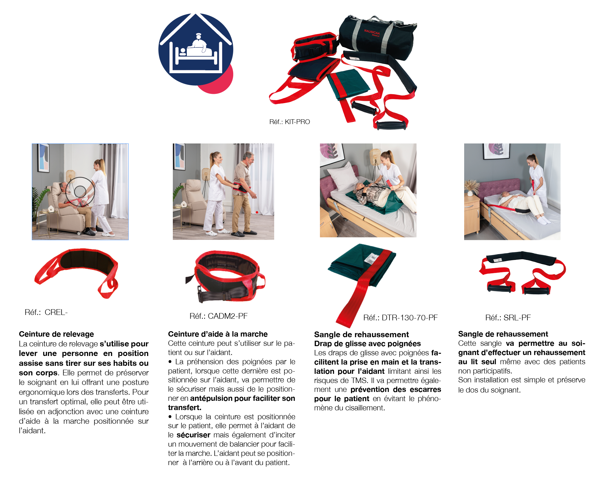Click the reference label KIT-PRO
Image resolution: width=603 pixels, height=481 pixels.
pos(289,122)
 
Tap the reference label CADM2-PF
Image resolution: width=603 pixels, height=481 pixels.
pos(219,316)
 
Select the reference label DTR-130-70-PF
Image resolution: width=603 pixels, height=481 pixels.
pos(401,317)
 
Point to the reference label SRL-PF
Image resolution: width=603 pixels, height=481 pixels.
pos(508,317)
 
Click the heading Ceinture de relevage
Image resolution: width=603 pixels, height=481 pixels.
pos(57,334)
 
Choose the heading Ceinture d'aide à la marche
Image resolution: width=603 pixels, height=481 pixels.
pos(218,334)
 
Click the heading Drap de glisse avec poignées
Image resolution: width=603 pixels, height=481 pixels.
pos(368,344)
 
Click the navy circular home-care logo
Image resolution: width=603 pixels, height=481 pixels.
pos(196,49)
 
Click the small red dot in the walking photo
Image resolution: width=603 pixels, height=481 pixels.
pos(257,212)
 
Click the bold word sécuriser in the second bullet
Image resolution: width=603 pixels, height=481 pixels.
pos(193,435)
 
